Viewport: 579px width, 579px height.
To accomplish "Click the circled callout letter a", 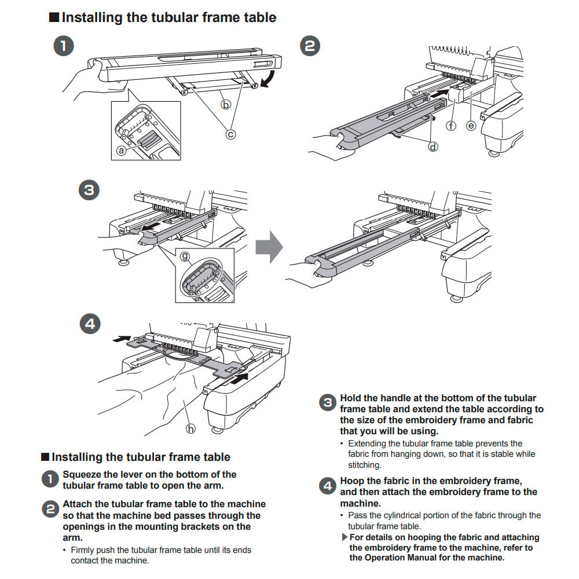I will tap(121, 150).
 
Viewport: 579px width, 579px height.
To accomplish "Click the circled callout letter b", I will tap(226, 104).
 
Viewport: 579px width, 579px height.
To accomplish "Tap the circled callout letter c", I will tap(230, 134).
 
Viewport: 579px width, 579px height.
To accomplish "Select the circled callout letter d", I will tap(433, 146).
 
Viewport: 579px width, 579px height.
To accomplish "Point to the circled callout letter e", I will tap(471, 124).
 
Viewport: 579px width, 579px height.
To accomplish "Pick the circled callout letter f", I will tap(451, 124).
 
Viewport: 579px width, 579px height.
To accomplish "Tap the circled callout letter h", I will tap(190, 428).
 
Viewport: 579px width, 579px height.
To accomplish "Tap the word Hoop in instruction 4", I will tap(351, 481).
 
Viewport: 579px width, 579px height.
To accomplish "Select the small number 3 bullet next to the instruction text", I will tap(328, 404).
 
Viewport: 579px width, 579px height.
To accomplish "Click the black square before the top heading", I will tap(53, 17).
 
